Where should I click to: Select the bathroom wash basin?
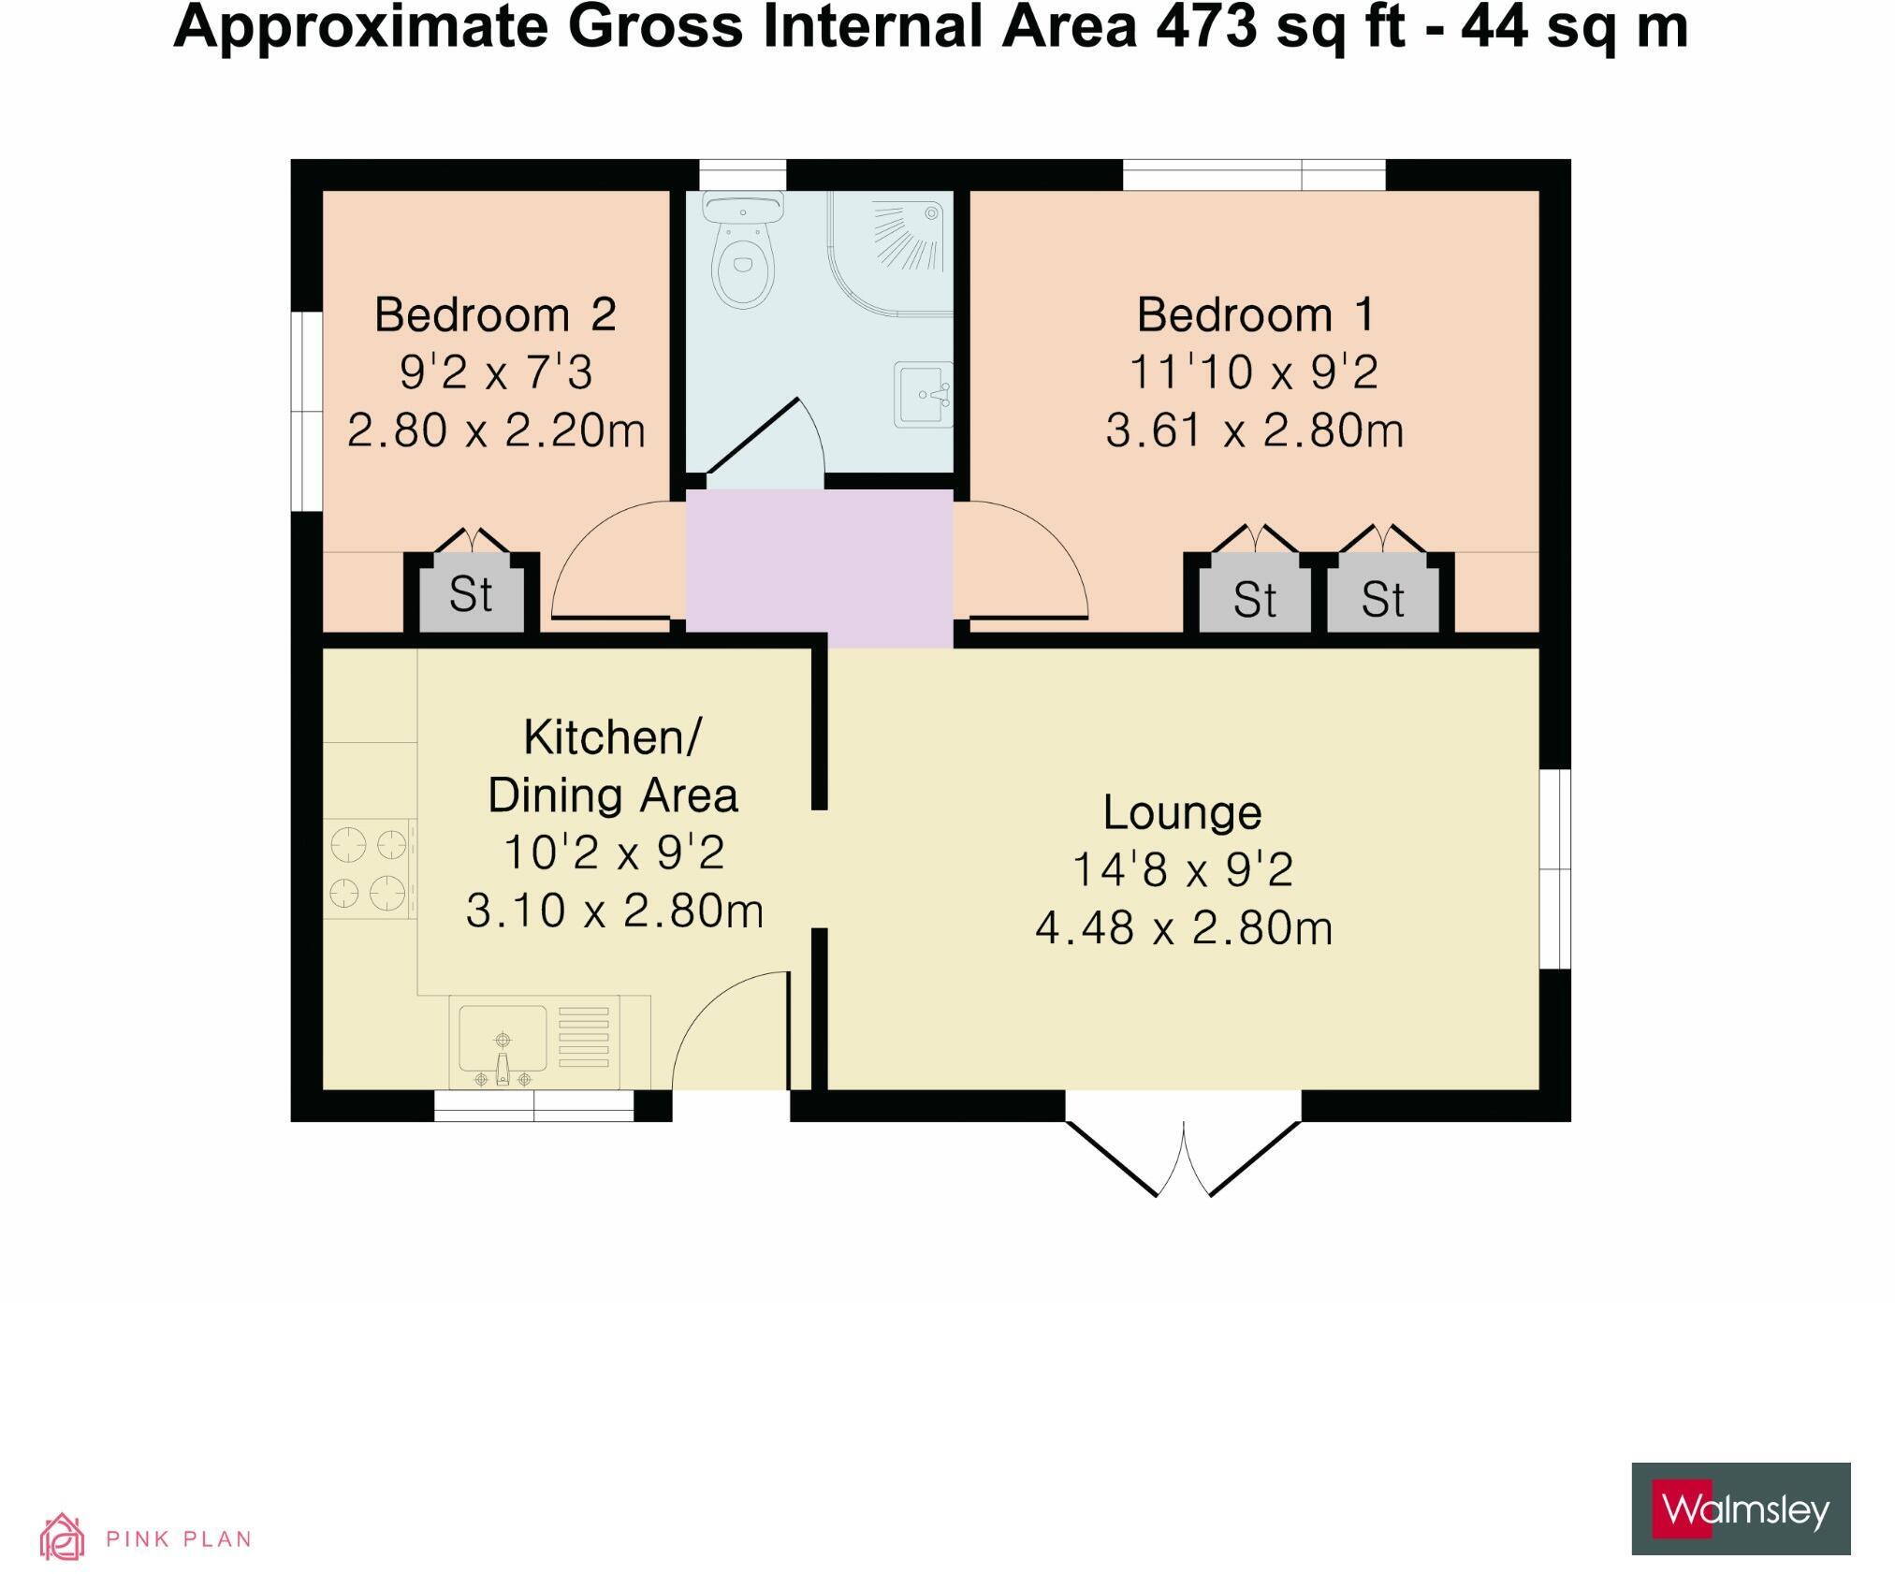tap(923, 394)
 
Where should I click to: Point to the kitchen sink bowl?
tap(503, 1039)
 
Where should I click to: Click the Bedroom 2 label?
tap(495, 315)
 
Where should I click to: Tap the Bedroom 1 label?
tap(1255, 315)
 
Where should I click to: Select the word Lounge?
tap(1182, 812)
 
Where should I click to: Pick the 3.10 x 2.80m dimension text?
tap(615, 911)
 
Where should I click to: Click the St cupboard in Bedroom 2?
tap(471, 595)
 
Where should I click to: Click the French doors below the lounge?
tap(1184, 1156)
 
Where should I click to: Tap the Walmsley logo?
tap(1741, 1508)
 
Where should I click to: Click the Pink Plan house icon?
tap(62, 1538)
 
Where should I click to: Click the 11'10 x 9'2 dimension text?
tap(1254, 372)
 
